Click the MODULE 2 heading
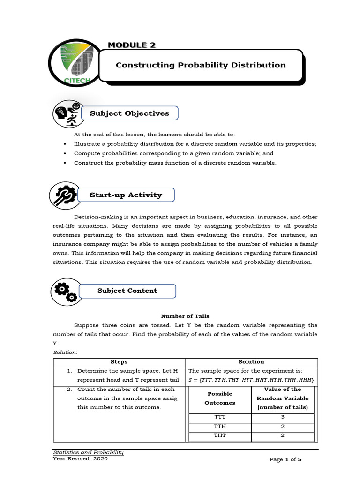[132, 45]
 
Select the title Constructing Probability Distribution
[201, 65]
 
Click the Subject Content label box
[127, 291]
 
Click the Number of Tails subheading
[185, 316]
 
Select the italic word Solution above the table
[65, 352]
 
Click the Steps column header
[119, 362]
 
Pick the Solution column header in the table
[251, 362]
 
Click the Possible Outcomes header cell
[219, 398]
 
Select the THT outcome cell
[219, 435]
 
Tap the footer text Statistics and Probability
[88, 452]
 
